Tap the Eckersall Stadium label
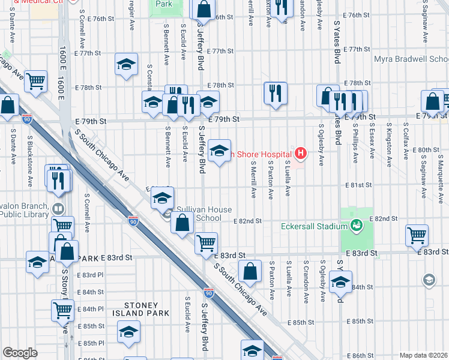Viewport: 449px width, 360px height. (x=314, y=226)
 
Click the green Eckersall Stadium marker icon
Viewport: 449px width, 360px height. (x=356, y=226)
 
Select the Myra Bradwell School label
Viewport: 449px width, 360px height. (x=411, y=59)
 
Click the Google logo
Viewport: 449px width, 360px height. (x=20, y=352)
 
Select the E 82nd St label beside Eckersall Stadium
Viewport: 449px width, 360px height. (x=384, y=219)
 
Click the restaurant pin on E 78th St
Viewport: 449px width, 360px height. (x=276, y=93)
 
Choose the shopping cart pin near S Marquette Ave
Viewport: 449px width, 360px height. (x=417, y=235)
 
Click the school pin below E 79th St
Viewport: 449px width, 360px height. (x=220, y=152)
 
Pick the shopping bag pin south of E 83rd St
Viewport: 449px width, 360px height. (x=250, y=271)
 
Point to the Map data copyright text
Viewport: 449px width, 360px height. (x=423, y=355)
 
